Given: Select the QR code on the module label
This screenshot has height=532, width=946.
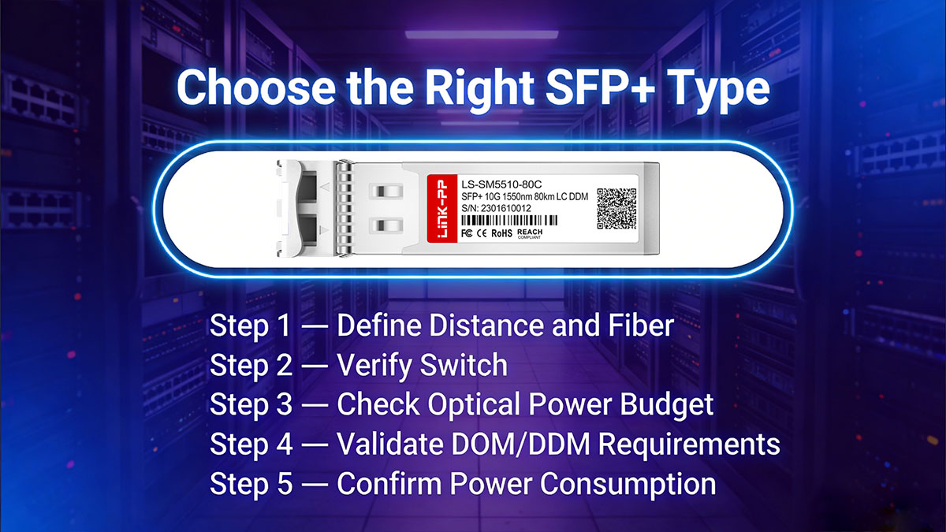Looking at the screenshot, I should [x=616, y=209].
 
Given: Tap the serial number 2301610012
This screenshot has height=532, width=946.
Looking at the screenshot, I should [x=505, y=208].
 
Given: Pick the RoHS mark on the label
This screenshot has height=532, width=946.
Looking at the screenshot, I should [x=502, y=234].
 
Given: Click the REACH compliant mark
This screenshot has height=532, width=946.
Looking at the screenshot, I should [x=530, y=234].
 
